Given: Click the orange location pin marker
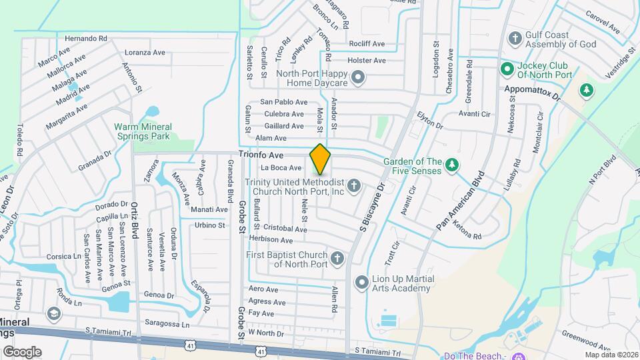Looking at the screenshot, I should coord(321,159).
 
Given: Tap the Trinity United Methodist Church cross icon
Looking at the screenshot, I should coord(355,185).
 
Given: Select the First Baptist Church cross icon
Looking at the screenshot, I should coord(337,257).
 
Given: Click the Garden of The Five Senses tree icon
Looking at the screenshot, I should coord(452,164).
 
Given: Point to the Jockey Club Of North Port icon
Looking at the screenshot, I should coord(507,68).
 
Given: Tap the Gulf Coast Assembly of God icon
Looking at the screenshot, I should coord(514,37).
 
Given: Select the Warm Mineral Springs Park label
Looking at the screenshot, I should coord(143,131).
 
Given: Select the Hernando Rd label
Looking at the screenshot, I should coord(83,39).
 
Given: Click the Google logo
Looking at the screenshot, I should coord(22,352).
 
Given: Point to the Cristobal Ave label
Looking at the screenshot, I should coord(285,229).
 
